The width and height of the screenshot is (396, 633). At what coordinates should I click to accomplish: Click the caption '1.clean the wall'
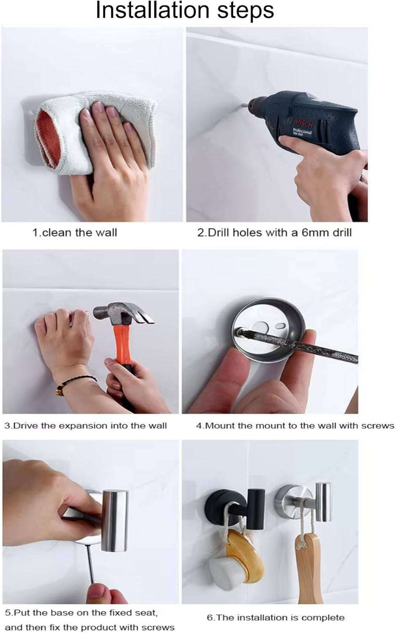[75, 233]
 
